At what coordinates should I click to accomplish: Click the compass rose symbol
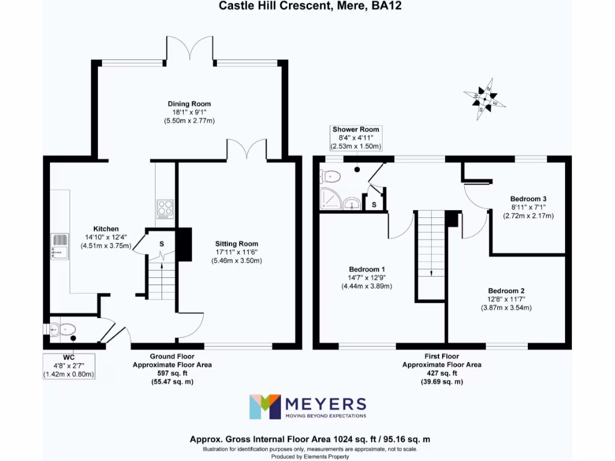pos(485,96)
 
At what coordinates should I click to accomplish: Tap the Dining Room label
pos(189,104)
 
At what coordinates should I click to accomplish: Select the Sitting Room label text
pos(237,244)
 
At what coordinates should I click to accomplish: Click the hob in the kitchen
pos(165,208)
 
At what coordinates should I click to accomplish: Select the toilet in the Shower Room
pos(330,176)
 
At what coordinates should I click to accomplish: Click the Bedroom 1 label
pos(367,269)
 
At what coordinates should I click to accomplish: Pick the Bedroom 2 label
pos(506,291)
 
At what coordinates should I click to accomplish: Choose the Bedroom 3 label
pos(528,199)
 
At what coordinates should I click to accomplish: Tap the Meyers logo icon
pos(265,407)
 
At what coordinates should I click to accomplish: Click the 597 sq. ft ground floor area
pos(172,373)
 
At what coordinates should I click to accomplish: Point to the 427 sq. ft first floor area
pos(441,373)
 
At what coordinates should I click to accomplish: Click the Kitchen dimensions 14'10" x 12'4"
pos(106,237)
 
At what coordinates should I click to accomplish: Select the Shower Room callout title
pos(356,129)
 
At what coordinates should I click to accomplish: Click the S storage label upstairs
pos(374,205)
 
